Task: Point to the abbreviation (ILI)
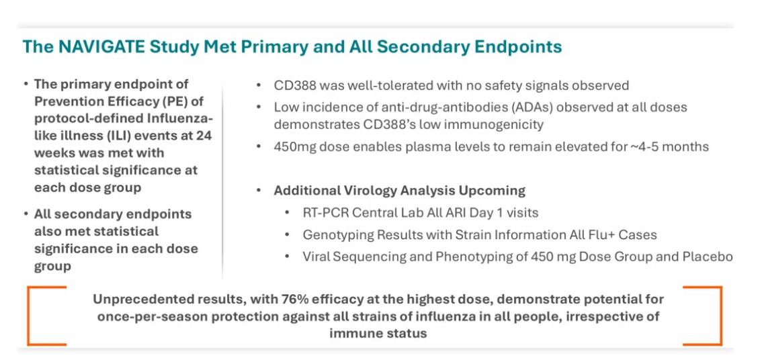click(126, 136)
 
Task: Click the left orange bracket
click(28, 316)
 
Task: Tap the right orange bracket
click(721, 316)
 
